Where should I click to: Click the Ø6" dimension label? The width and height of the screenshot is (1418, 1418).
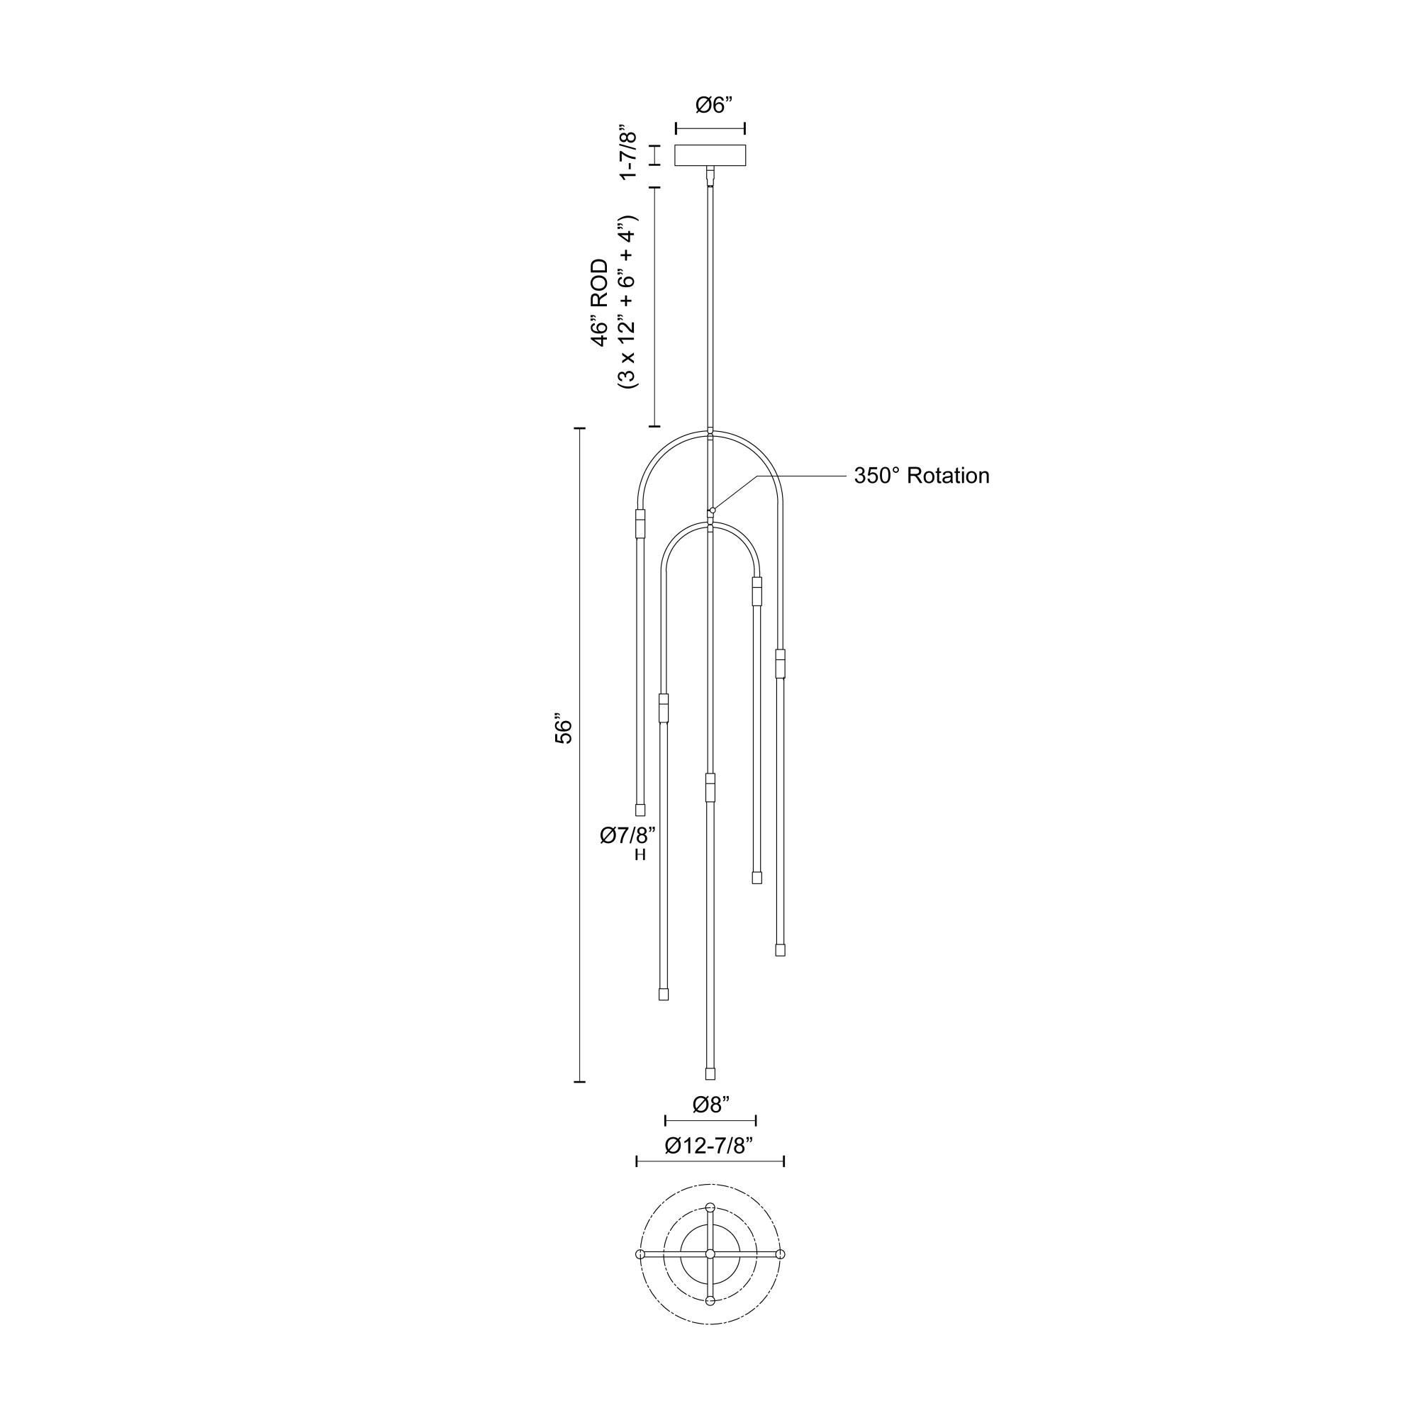[710, 106]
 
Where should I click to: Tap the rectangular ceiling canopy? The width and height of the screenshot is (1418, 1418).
[710, 155]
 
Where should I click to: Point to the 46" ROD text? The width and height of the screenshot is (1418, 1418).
[601, 303]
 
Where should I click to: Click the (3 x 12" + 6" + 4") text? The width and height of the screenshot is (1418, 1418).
[628, 303]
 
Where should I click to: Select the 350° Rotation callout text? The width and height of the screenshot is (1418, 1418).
[921, 476]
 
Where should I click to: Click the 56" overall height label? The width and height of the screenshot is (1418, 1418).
[563, 728]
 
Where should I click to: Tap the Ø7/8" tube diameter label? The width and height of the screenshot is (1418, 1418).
[627, 835]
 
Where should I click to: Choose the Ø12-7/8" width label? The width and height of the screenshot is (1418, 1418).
[710, 1146]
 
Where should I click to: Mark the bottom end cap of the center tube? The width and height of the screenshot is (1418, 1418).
[710, 1073]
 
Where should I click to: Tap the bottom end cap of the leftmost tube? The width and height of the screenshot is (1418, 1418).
[640, 810]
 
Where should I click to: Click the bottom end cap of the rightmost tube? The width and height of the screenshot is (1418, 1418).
[780, 950]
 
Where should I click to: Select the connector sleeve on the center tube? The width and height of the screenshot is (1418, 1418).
[710, 787]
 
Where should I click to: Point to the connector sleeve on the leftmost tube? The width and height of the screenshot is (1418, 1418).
[640, 525]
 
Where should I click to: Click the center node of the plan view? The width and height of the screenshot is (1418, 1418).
[710, 1254]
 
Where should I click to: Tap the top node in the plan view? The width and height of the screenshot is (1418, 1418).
[710, 1207]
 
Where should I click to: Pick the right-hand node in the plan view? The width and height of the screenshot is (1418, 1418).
[781, 1254]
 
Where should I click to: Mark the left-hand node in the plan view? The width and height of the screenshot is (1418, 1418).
[640, 1254]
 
